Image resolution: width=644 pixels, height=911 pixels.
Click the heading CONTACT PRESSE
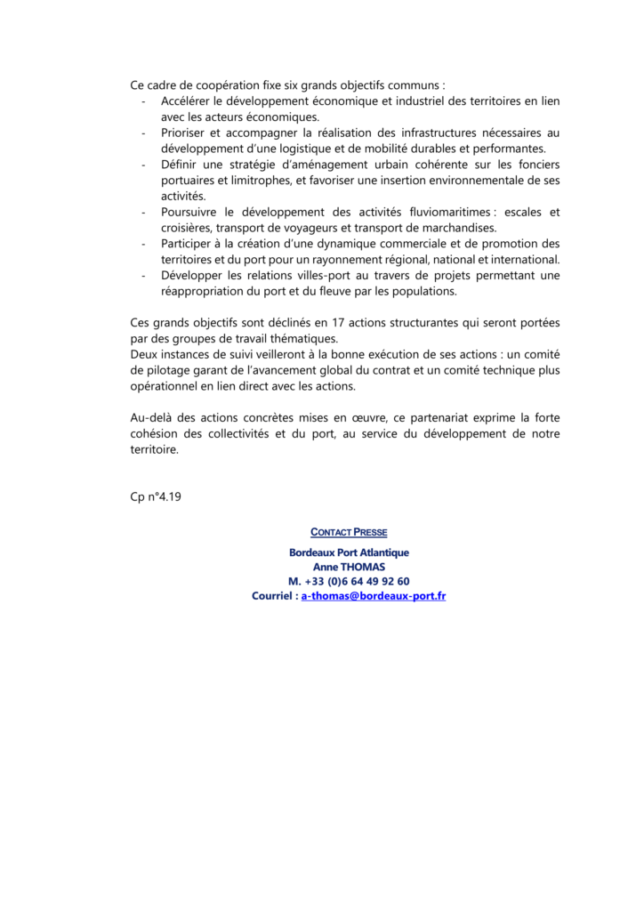click(x=349, y=532)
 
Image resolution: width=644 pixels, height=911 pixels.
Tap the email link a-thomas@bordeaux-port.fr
click(x=373, y=595)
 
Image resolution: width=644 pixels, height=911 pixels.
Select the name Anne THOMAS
click(x=349, y=567)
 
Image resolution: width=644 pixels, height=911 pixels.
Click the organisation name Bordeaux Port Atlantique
click(x=349, y=552)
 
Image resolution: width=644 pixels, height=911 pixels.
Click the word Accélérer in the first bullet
click(x=186, y=101)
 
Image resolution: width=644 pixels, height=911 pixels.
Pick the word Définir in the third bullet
click(x=181, y=164)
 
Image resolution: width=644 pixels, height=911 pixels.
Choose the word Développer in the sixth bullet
click(x=191, y=275)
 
